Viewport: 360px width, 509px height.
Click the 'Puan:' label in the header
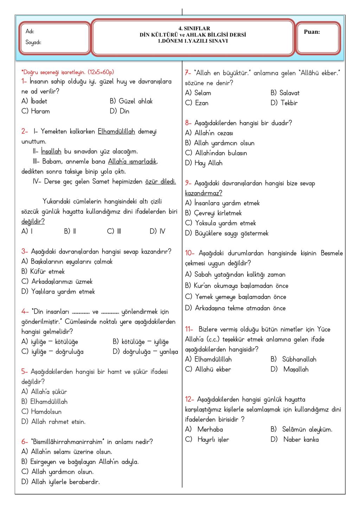click(311, 32)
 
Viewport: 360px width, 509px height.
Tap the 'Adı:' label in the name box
click(30, 32)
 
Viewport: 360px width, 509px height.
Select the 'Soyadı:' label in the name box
click(33, 43)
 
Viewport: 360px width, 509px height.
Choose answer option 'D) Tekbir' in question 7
click(284, 103)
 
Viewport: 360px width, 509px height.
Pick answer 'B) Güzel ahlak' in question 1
click(131, 101)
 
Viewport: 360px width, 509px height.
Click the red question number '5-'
click(25, 372)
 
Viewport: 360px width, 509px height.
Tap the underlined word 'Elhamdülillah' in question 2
click(116, 132)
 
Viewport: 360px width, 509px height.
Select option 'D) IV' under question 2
click(157, 231)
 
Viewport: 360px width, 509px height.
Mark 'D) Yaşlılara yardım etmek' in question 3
click(58, 292)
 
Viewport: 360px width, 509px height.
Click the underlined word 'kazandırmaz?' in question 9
click(204, 193)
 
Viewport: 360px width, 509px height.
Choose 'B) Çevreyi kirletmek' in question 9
click(213, 213)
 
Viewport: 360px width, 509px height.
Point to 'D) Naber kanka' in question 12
click(295, 439)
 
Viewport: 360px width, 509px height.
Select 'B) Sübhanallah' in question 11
click(293, 359)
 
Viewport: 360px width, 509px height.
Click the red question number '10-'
click(190, 253)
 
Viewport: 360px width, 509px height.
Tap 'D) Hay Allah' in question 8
click(204, 163)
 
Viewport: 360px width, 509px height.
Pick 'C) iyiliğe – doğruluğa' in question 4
click(52, 352)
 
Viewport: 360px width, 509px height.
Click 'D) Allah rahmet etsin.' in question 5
click(53, 421)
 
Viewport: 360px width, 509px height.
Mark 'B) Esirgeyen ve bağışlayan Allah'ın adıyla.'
click(80, 462)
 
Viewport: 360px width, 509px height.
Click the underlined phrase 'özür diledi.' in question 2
click(160, 182)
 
